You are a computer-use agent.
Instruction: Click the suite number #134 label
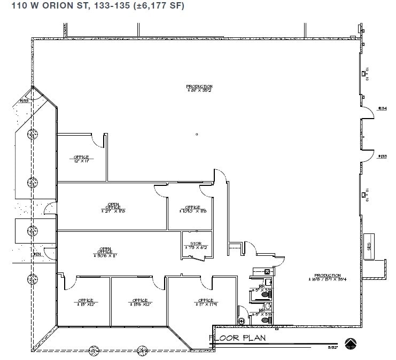382,108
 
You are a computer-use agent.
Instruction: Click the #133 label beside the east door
382,156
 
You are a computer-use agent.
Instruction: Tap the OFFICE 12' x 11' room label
81,159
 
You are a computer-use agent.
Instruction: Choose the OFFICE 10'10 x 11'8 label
192,209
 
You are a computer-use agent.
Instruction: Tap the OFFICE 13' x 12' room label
86,302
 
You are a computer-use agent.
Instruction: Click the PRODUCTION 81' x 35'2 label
199,88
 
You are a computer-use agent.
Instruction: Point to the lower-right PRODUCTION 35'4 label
327,277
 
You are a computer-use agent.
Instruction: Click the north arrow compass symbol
351,343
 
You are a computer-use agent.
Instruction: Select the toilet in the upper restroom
268,282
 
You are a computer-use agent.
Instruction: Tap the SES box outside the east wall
369,246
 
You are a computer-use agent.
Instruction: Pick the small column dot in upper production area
197,134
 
